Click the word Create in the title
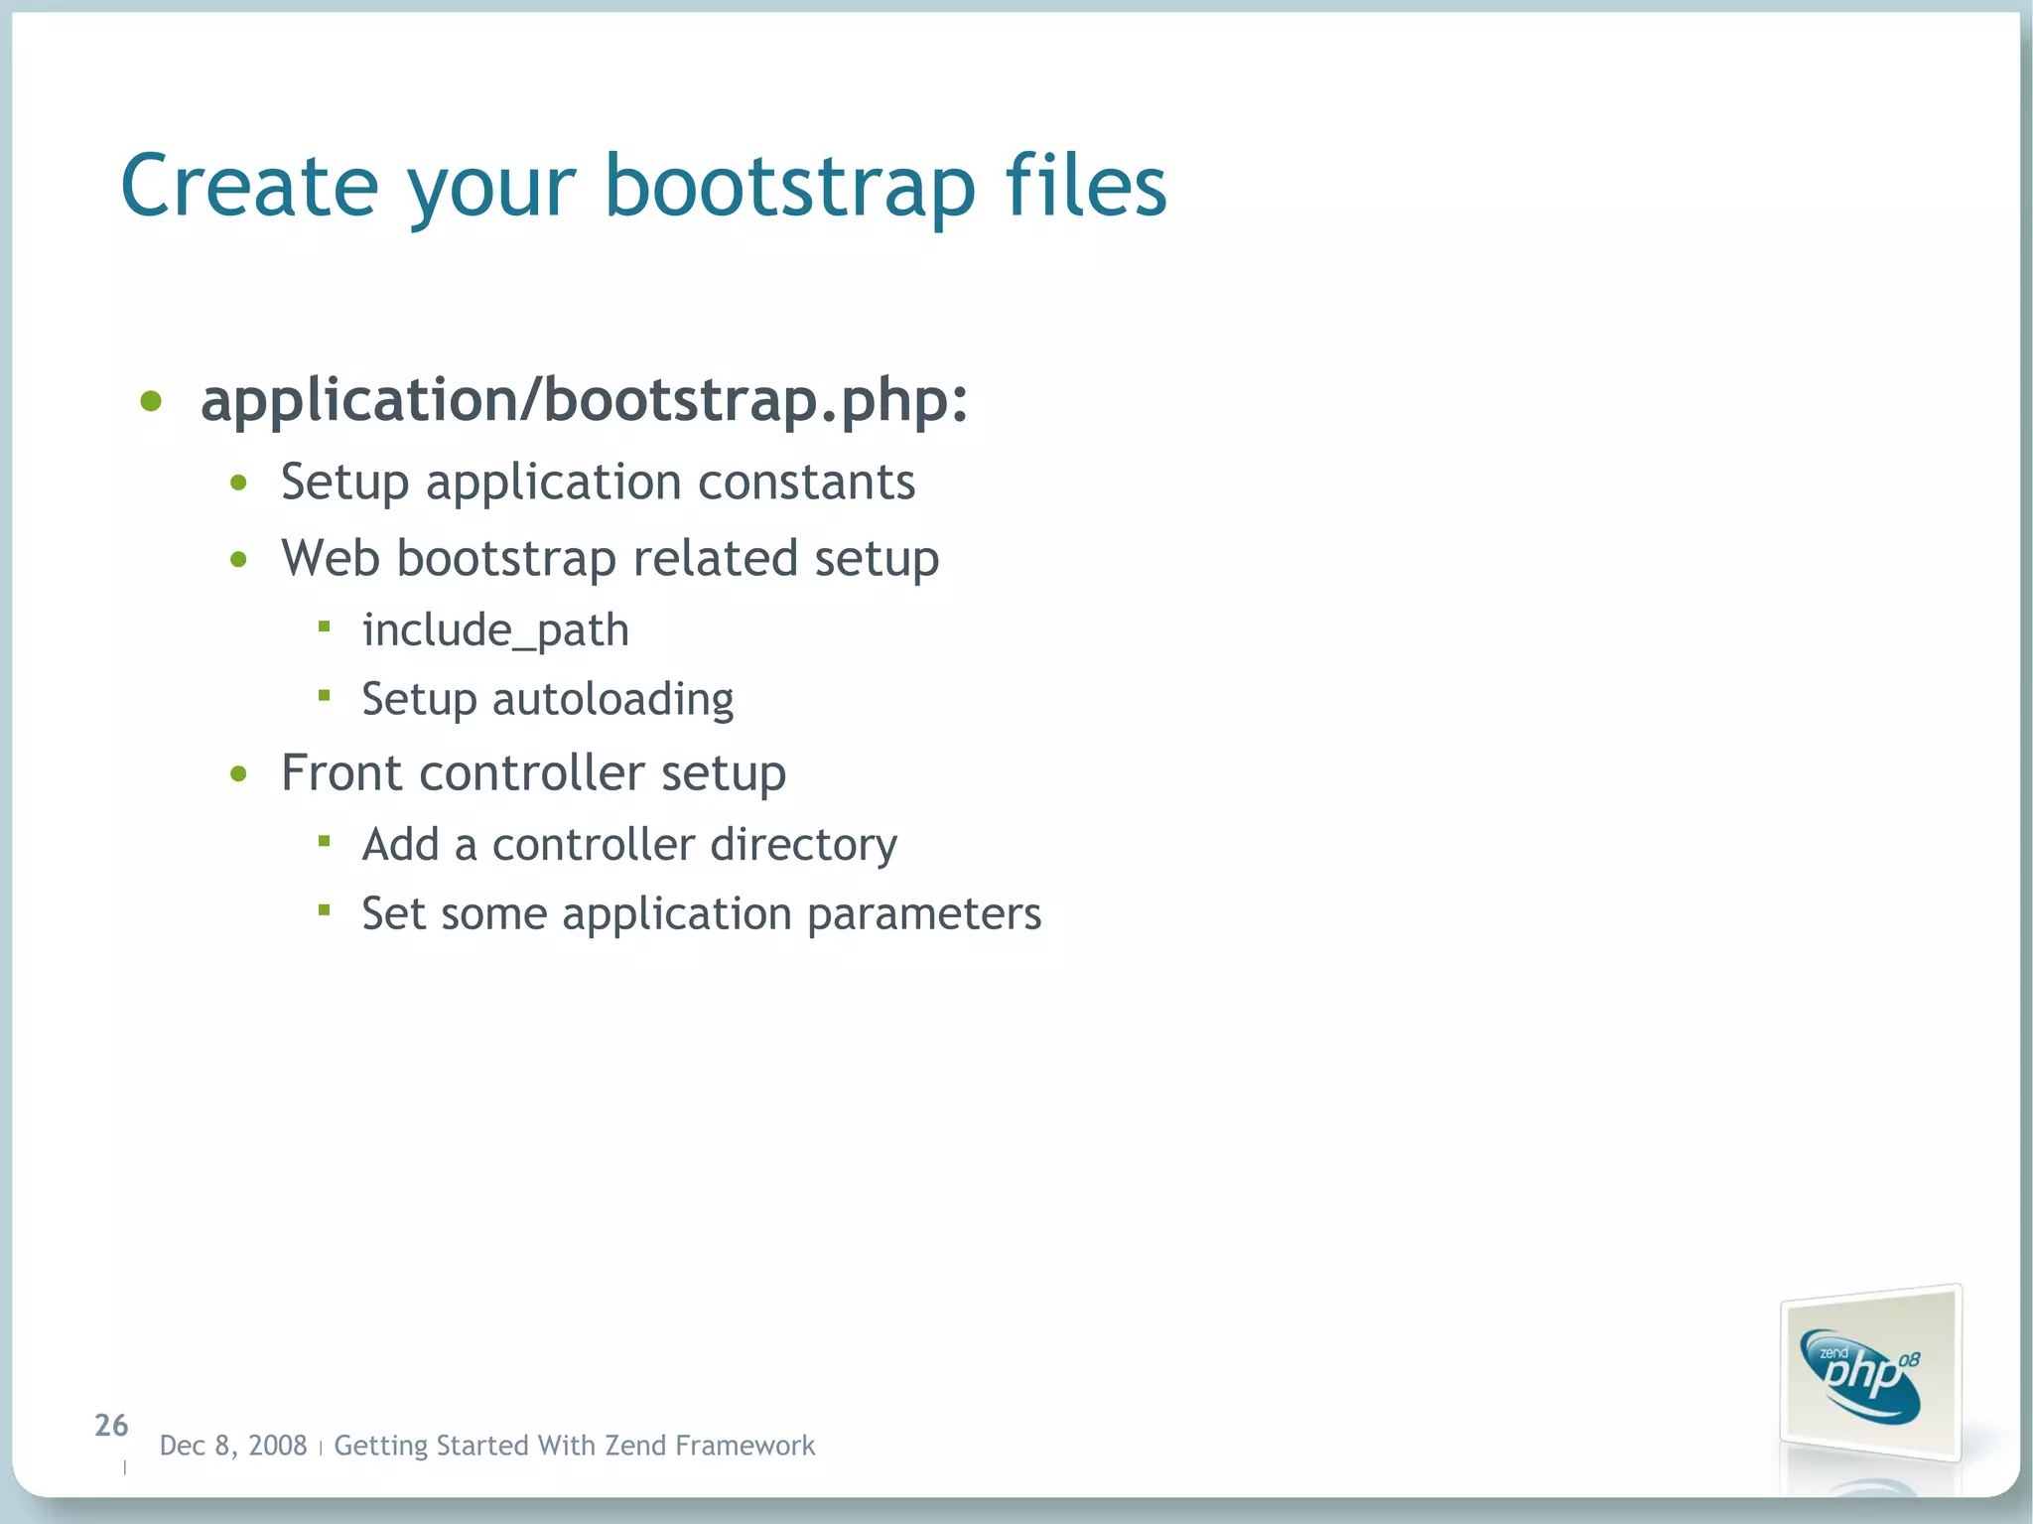[x=249, y=187]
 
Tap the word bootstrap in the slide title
[x=790, y=187]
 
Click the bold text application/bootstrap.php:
[x=584, y=400]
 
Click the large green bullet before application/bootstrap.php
[x=151, y=402]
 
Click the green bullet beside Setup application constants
[x=238, y=485]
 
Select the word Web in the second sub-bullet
[x=330, y=558]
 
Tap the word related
[x=715, y=558]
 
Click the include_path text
[x=495, y=630]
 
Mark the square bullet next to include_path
[x=324, y=626]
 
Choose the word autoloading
[x=612, y=700]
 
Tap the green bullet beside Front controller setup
[x=238, y=774]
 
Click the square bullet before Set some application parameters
[x=324, y=909]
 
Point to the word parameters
[x=923, y=914]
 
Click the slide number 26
[x=111, y=1426]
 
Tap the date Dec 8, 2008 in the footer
[x=233, y=1446]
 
